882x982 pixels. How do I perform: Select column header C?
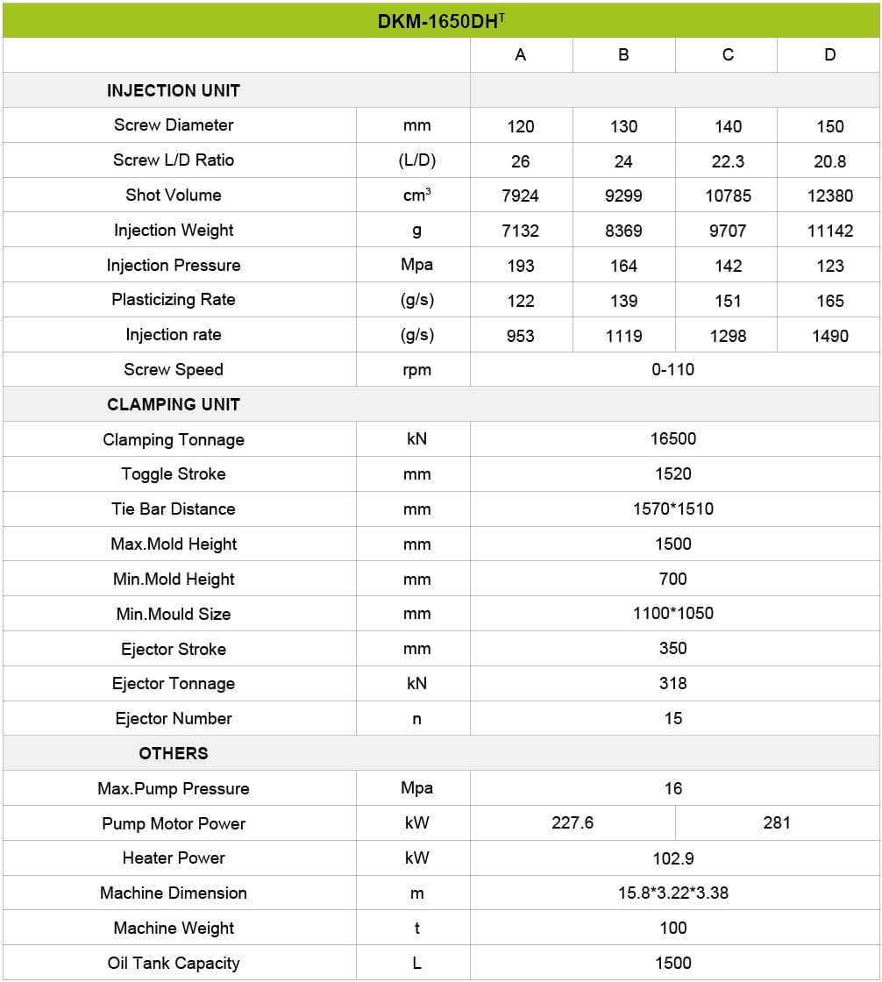point(728,55)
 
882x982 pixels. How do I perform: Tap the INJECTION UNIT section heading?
point(174,90)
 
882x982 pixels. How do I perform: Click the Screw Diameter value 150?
point(829,126)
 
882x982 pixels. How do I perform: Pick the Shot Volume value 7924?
point(521,196)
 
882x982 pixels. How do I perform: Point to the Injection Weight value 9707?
point(728,231)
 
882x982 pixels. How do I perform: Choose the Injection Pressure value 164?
point(623,266)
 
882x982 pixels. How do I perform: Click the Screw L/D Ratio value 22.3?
point(728,161)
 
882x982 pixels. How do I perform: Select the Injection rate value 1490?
point(829,336)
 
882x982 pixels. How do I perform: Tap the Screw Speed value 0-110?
point(673,370)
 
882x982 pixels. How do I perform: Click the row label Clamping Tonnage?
point(174,440)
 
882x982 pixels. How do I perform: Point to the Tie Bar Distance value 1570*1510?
point(673,509)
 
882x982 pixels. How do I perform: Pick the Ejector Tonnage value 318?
point(673,684)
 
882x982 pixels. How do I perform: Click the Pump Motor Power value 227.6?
point(573,823)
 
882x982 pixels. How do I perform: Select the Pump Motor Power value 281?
point(777,823)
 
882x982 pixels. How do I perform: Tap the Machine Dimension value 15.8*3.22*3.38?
point(673,893)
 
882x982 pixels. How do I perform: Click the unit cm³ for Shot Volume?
point(416,196)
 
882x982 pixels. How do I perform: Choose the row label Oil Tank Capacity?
point(174,963)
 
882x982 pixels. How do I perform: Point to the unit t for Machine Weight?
point(416,929)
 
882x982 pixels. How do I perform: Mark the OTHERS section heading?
point(174,753)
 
